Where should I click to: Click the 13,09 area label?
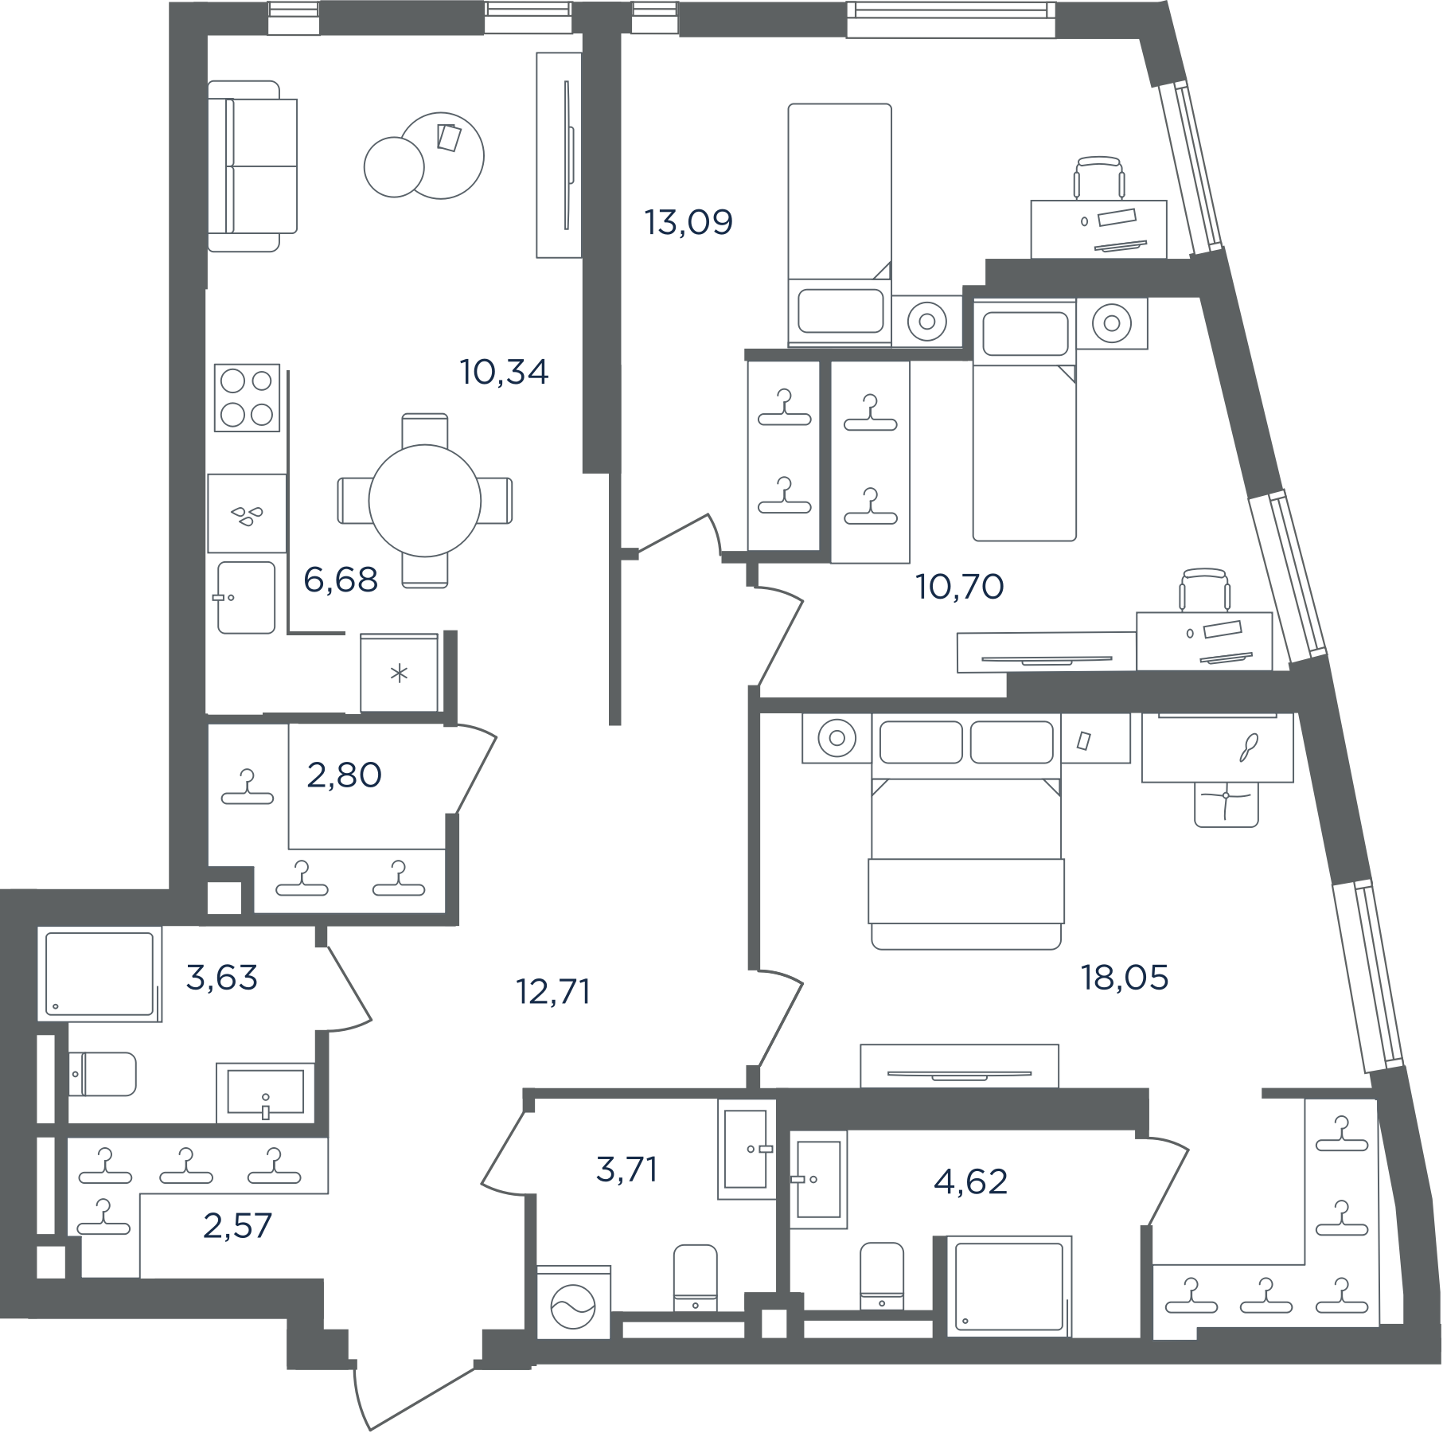tap(688, 222)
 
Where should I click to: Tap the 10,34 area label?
tap(505, 372)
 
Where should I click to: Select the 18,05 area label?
tap(1125, 977)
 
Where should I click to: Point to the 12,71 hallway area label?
tap(553, 992)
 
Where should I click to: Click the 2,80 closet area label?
tap(345, 775)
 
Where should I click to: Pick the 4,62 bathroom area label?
tap(971, 1181)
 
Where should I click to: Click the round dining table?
tap(425, 501)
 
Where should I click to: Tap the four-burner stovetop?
tap(247, 398)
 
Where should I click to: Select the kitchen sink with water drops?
tap(247, 513)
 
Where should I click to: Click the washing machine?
tap(573, 1302)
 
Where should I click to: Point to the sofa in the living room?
tap(252, 166)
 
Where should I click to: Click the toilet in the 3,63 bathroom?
tap(102, 1074)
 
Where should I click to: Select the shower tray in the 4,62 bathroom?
tap(1008, 1286)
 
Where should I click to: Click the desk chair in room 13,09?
tap(1099, 178)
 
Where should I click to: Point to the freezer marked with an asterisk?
tap(400, 673)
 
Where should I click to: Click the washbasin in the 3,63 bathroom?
tap(265, 1091)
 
